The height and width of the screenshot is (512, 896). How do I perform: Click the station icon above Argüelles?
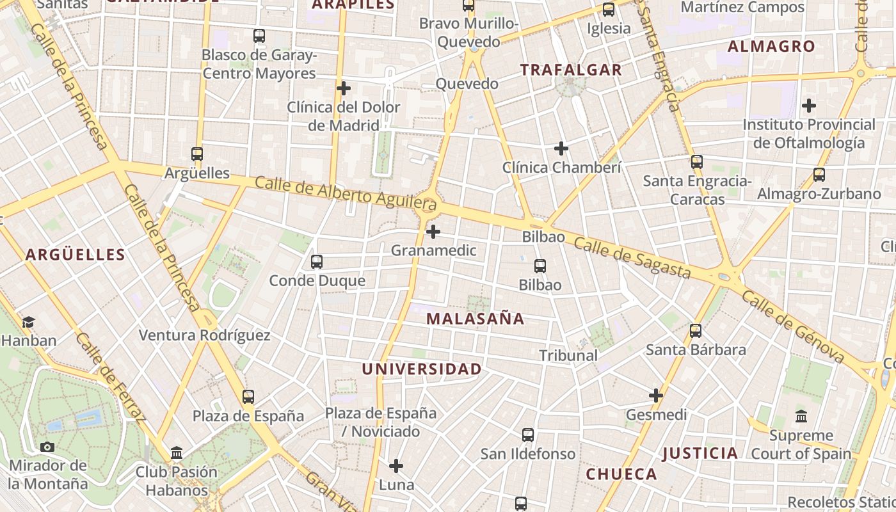point(197,154)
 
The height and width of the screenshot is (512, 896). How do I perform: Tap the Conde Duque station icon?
point(316,261)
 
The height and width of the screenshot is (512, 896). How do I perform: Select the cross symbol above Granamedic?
point(433,231)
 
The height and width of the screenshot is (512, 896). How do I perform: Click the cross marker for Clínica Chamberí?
point(561,148)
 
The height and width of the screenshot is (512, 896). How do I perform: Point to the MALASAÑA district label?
point(475,319)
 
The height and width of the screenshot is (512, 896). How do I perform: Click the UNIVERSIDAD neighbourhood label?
point(422,369)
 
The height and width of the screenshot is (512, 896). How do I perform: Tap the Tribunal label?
point(568,355)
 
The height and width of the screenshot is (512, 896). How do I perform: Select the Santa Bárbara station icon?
point(696,331)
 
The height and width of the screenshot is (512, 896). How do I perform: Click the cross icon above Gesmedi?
point(656,396)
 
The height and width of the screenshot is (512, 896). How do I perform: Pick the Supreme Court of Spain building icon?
point(801,417)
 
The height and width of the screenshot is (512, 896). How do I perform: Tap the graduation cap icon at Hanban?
point(28,322)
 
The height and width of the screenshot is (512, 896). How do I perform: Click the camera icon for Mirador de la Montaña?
point(47,447)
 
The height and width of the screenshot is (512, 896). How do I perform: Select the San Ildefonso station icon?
point(528,435)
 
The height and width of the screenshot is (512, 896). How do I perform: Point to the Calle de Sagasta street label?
point(632,258)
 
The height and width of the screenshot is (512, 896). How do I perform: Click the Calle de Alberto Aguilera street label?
point(346,193)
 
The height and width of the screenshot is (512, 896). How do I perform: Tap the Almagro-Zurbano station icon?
point(819,174)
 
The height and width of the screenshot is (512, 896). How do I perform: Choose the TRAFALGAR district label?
point(571,70)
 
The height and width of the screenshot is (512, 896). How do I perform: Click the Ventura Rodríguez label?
point(204,335)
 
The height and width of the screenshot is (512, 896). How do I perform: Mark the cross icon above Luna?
point(396,465)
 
